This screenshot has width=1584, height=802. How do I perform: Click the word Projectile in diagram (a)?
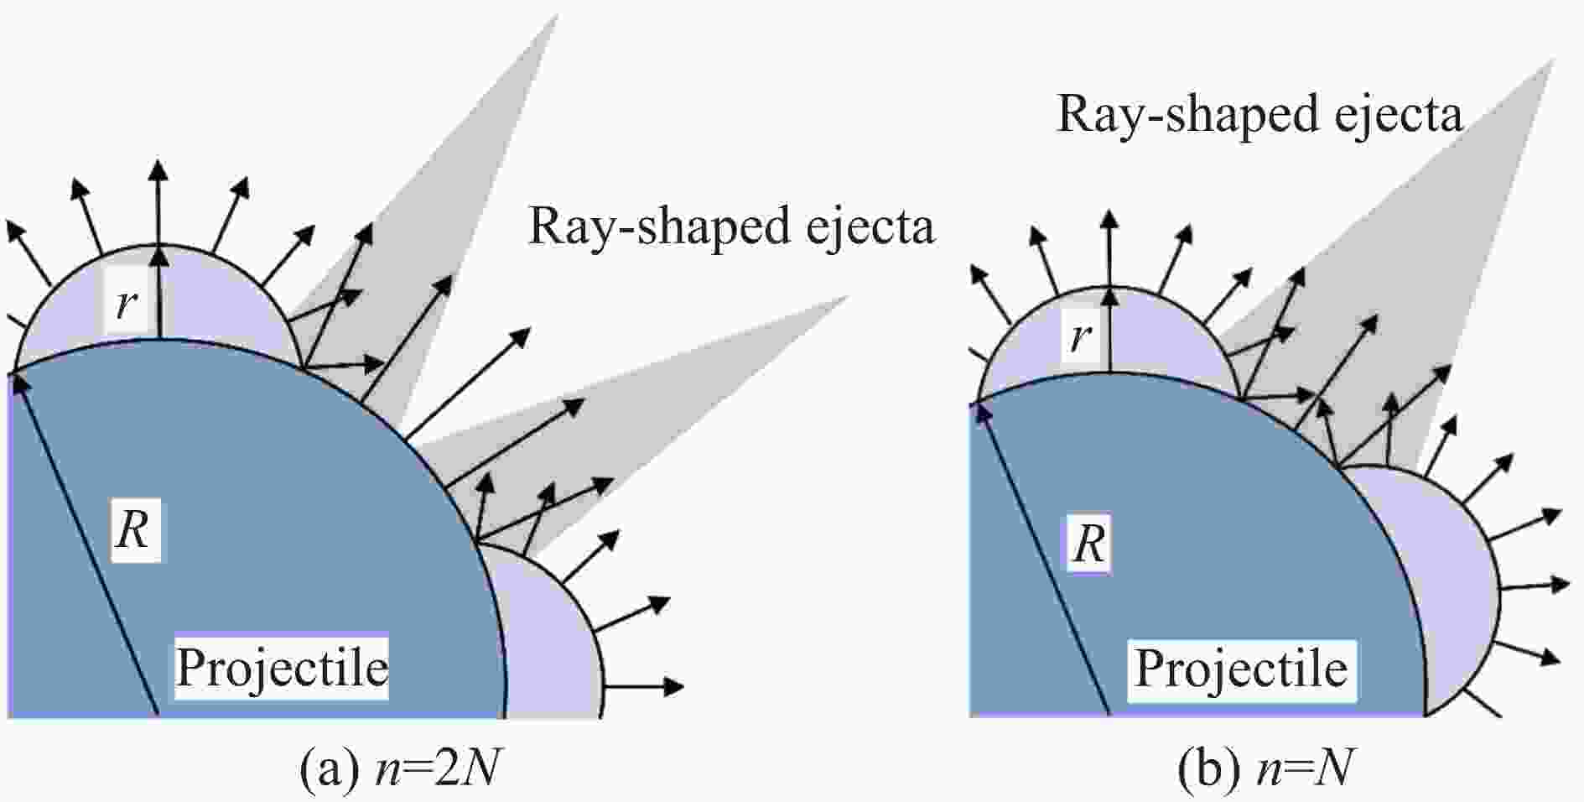[282, 668]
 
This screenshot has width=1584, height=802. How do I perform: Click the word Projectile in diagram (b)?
[1241, 669]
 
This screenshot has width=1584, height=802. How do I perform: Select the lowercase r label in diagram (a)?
[126, 304]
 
